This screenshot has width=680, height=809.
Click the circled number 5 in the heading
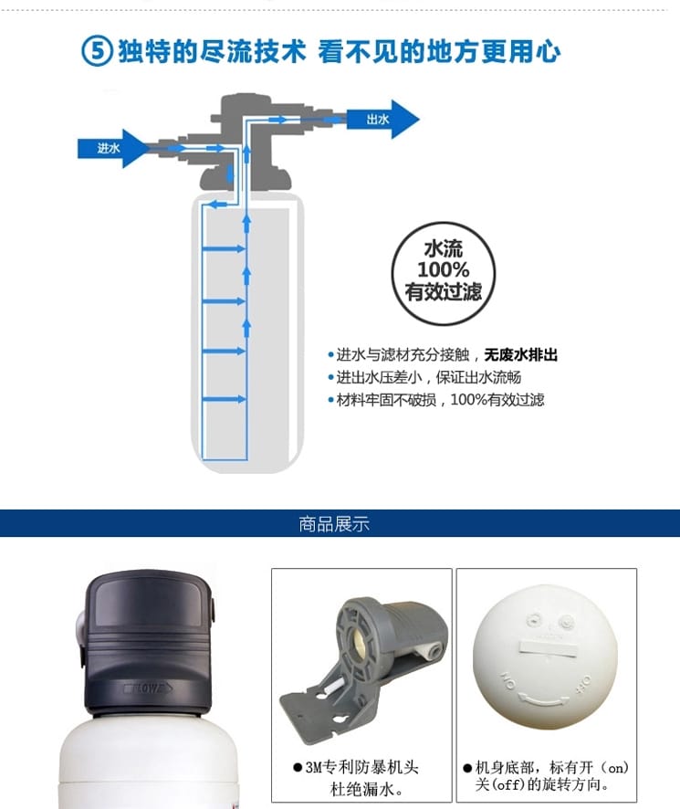pyautogui.click(x=97, y=52)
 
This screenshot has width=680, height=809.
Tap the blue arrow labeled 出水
pyautogui.click(x=382, y=120)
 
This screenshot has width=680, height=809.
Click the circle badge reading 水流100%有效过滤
pyautogui.click(x=444, y=273)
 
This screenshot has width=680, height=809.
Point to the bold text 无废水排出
pyautogui.click(x=520, y=355)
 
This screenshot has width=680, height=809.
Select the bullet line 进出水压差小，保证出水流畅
pyautogui.click(x=424, y=377)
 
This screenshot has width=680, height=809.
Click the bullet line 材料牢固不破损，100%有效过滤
pyautogui.click(x=436, y=400)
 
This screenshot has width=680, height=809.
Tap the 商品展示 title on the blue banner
pyautogui.click(x=334, y=523)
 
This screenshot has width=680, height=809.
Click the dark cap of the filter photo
pyautogui.click(x=147, y=642)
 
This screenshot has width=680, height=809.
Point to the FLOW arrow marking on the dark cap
pyautogui.click(x=148, y=688)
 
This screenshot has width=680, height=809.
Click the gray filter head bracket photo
pyautogui.click(x=364, y=665)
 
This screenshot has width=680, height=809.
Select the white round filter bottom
pyautogui.click(x=545, y=657)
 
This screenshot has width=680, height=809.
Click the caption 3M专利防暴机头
pyautogui.click(x=361, y=767)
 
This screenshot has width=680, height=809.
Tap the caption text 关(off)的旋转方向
pyautogui.click(x=542, y=784)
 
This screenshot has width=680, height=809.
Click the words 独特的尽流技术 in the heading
pyautogui.click(x=212, y=52)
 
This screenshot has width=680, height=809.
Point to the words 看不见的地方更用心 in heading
pyautogui.click(x=439, y=52)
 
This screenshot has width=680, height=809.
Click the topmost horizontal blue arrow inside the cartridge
pyautogui.click(x=224, y=248)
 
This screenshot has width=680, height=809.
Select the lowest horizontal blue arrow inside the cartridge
pyautogui.click(x=224, y=399)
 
